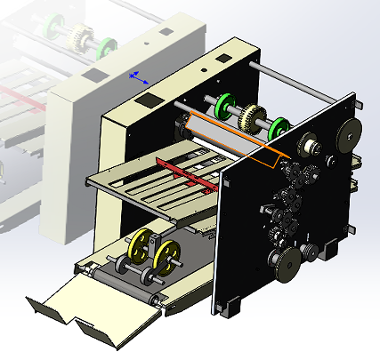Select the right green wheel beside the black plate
tap(278, 127)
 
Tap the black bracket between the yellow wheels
tap(154, 244)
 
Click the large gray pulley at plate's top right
tap(348, 136)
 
